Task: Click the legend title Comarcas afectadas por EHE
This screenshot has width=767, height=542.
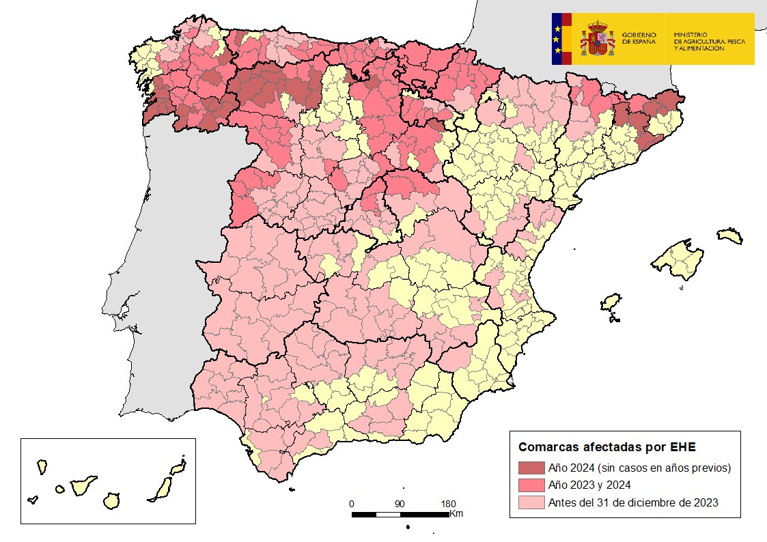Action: coord(606,448)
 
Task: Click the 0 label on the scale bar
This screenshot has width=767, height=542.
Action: coord(352,504)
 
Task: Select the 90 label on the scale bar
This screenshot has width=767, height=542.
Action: coord(400,504)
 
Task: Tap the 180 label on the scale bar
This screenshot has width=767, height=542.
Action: coord(448,504)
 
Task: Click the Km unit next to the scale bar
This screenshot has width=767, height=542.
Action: coord(456,513)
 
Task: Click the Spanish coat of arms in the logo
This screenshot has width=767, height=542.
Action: coord(597,39)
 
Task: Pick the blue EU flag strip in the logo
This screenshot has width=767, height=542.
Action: coord(557,39)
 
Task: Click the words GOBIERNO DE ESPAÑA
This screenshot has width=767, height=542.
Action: coord(639,39)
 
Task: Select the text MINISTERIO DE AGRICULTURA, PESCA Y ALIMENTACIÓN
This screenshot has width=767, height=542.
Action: coord(709,42)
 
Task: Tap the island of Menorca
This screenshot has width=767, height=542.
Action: coord(729,236)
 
